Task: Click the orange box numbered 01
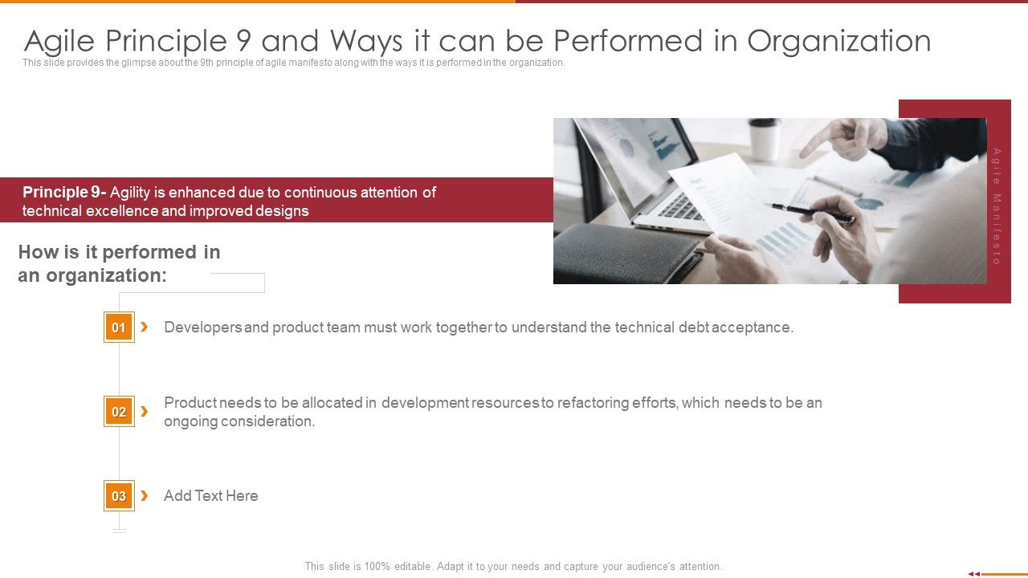pos(119,328)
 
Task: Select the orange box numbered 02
pos(119,412)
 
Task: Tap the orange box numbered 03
pos(119,496)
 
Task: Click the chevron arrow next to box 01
pos(144,327)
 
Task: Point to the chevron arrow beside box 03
pos(144,495)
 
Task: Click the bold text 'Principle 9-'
pos(64,193)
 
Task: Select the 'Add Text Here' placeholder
pos(211,496)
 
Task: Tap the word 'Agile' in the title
pos(63,41)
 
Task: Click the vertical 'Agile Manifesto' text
pos(997,206)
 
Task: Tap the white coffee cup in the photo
pos(764,138)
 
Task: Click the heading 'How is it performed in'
pos(119,252)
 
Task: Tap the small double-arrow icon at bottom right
pos(973,573)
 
